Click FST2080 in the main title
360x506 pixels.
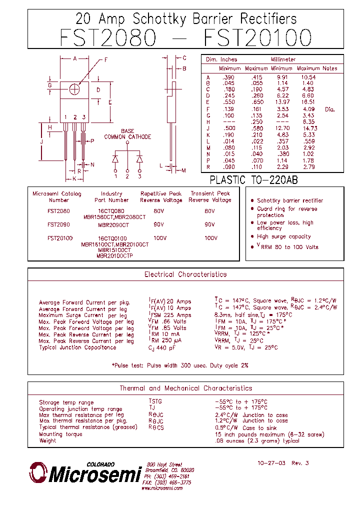tap(108, 38)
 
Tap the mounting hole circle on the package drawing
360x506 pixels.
tap(75, 89)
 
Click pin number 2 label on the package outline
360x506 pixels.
tap(75, 117)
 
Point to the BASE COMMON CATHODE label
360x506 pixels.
tap(127, 134)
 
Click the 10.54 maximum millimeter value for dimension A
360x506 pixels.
tap(308, 77)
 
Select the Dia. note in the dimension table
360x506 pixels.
tap(330, 109)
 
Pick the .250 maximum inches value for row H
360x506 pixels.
tap(257, 121)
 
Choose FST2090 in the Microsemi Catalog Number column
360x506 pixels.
tap(59, 225)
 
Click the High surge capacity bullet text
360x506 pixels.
tap(283, 236)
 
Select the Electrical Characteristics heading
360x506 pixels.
tap(185, 274)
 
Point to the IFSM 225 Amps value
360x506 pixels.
tap(170, 315)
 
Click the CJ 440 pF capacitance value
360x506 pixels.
tap(162, 347)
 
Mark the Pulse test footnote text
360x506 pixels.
tap(179, 365)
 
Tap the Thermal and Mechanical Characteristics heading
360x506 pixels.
tap(185, 388)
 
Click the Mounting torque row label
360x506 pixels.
tap(57, 434)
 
